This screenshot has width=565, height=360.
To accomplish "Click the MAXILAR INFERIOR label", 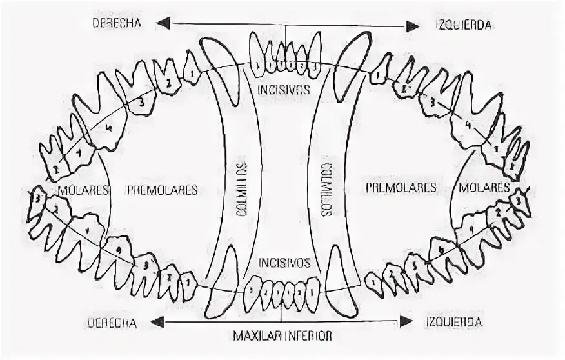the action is (x=283, y=335).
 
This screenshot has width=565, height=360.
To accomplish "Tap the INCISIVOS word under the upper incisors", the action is (x=282, y=88).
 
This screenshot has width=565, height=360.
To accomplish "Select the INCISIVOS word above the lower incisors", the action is (x=284, y=263).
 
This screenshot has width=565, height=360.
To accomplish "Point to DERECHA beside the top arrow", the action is (x=117, y=23).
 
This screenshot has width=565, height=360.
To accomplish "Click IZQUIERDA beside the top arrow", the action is (x=461, y=25).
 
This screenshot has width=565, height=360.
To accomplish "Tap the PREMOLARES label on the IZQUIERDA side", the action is (x=401, y=188).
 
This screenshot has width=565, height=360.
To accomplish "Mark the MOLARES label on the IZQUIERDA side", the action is (x=485, y=188).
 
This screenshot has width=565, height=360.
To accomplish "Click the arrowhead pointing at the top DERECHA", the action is (x=164, y=23).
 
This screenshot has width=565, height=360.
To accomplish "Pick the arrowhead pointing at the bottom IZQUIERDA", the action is (x=406, y=321).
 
